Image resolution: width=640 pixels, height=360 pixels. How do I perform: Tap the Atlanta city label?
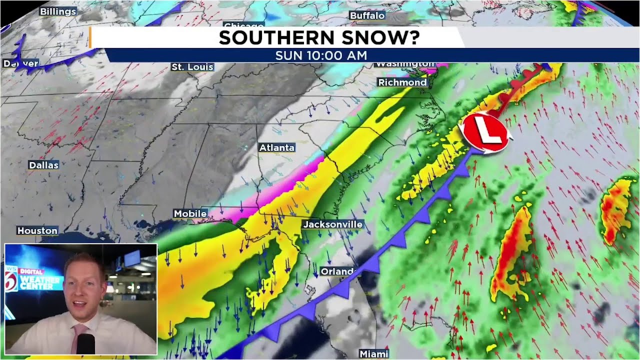coord(276,147)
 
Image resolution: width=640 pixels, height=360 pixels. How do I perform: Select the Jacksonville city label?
coord(332,224)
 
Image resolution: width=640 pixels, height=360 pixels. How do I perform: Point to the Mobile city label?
coord(190,213)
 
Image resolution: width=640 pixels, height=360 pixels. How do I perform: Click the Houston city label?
coord(37,230)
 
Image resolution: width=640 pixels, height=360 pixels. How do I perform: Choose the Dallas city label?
coord(43,165)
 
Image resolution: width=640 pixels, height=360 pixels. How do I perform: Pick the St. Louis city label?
coord(192,66)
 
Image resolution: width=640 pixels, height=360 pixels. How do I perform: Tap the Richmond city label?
coord(402,82)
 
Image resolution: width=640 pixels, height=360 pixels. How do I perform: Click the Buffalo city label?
coord(367,15)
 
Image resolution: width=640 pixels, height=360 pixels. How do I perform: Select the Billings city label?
coord(58,11)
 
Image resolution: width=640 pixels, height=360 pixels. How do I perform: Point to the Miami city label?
coord(374,354)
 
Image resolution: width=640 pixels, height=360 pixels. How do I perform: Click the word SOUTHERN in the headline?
coord(276,37)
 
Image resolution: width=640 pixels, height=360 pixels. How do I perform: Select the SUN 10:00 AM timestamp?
coord(321,55)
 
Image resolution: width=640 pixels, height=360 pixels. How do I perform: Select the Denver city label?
coord(21,63)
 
